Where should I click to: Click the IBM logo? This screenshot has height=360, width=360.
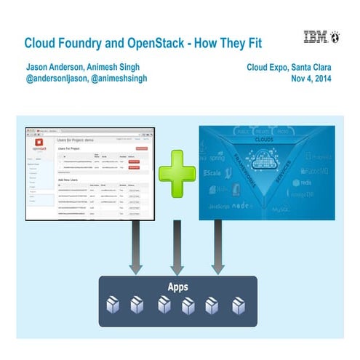pyautogui.click(x=316, y=37)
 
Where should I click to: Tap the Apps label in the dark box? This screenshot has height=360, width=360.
pyautogui.click(x=177, y=287)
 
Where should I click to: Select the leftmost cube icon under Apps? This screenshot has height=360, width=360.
pyautogui.click(x=113, y=305)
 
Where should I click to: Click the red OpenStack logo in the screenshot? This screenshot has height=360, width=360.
pyautogui.click(x=36, y=143)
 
